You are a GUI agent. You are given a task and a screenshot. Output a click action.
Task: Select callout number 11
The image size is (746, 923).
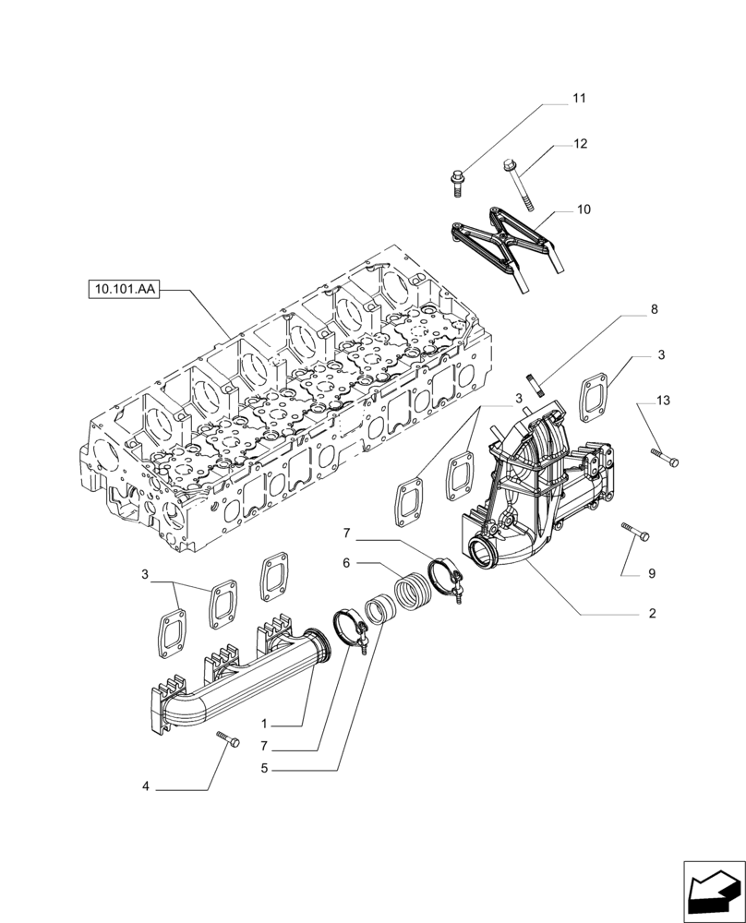click(x=579, y=99)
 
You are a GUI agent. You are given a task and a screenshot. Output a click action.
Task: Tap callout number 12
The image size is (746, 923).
click(x=580, y=144)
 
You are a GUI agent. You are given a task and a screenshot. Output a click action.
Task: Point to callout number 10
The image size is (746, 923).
click(x=583, y=210)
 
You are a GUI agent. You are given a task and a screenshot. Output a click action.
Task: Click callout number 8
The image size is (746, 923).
click(x=654, y=310)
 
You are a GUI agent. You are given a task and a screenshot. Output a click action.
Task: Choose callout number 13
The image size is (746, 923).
click(x=664, y=401)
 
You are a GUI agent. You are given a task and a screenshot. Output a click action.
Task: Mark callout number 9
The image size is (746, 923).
click(x=651, y=573)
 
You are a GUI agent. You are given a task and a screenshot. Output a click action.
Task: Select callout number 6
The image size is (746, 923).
click(x=346, y=561)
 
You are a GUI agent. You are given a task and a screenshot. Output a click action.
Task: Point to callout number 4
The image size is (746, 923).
click(x=146, y=787)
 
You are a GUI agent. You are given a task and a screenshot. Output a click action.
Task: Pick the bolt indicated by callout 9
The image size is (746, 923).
click(x=635, y=531)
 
